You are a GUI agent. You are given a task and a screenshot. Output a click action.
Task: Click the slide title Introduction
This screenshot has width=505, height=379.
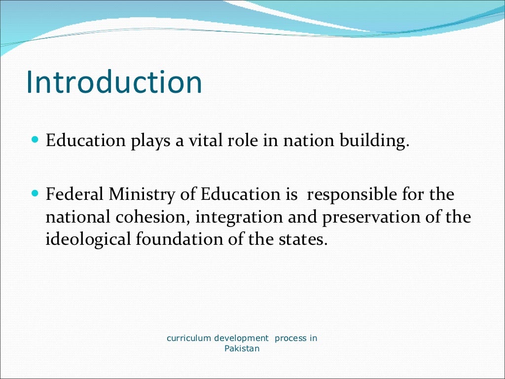click(114, 82)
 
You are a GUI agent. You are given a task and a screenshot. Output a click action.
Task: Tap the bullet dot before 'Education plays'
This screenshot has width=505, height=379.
click(35, 140)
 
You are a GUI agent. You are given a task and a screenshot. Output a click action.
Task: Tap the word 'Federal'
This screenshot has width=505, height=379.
click(75, 194)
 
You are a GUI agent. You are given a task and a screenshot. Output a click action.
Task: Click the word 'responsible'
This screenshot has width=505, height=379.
click(352, 195)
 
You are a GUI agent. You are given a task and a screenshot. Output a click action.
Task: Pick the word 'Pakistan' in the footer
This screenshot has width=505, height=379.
click(242, 348)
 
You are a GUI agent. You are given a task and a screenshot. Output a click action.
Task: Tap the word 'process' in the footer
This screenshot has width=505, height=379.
click(290, 339)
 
